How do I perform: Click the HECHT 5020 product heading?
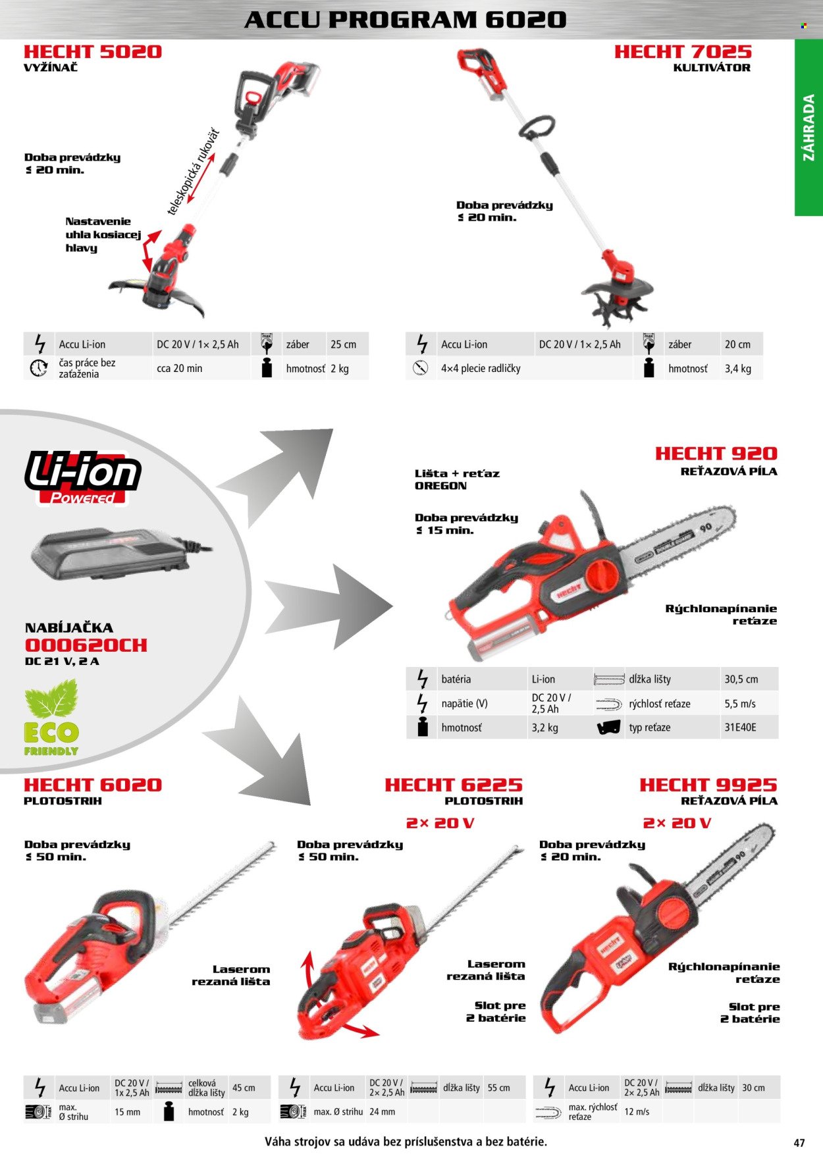(92, 52)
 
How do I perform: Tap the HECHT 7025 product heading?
(683, 52)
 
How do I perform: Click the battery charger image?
(119, 554)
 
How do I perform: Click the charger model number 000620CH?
(86, 645)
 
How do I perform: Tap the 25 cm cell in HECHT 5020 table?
(343, 344)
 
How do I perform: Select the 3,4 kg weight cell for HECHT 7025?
(738, 369)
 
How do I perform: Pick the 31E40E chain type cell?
(741, 727)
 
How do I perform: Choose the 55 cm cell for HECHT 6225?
(499, 1088)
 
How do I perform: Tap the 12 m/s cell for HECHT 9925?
(637, 1111)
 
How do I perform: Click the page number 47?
(799, 1143)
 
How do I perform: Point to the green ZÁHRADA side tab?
(809, 128)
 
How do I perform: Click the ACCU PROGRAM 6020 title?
(406, 20)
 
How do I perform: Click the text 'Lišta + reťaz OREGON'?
(457, 479)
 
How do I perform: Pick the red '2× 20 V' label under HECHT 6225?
(440, 823)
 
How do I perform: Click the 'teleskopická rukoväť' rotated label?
(192, 172)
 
